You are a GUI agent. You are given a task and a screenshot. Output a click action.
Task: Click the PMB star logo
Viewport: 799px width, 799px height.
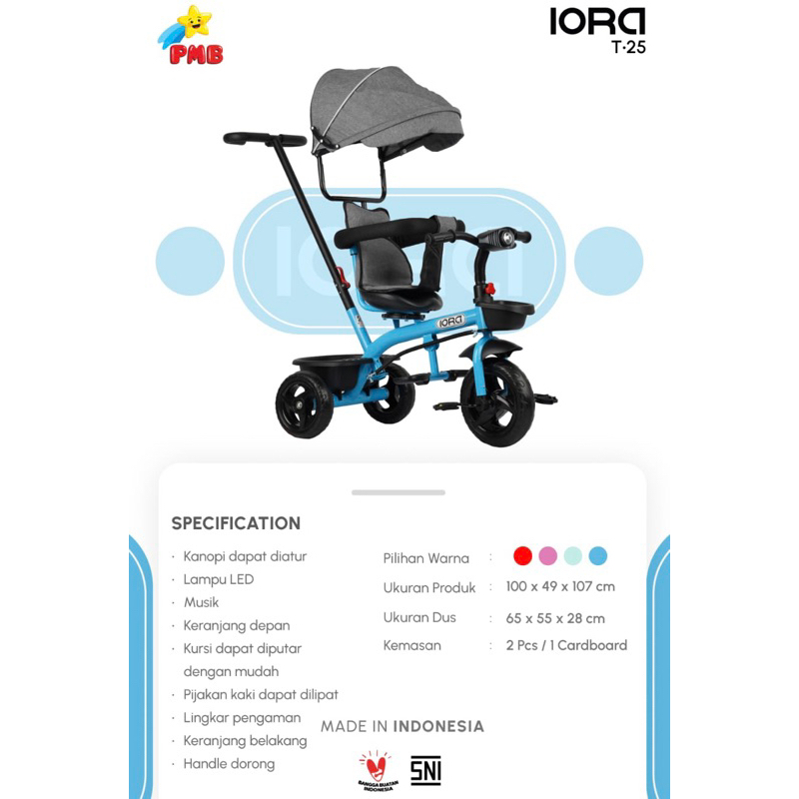tap(191, 36)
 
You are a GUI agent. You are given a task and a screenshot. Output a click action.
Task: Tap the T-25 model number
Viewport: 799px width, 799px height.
tap(628, 47)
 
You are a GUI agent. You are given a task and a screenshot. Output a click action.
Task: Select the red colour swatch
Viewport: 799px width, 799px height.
tap(522, 555)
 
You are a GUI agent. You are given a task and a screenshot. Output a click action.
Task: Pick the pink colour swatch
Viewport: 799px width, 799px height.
tap(547, 555)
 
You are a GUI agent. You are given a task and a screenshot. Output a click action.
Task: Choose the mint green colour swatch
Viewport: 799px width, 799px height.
tap(572, 555)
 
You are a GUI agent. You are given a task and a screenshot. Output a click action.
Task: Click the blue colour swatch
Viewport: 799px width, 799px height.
tap(597, 555)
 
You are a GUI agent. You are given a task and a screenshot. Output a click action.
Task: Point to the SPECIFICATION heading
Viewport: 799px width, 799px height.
tap(236, 523)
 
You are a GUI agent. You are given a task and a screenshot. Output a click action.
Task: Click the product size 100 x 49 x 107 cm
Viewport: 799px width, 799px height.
tap(560, 586)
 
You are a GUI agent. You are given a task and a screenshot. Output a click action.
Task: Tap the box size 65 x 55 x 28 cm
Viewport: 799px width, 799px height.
tap(555, 618)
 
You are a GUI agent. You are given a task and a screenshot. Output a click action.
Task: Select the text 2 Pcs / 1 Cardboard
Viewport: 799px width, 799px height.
tap(566, 645)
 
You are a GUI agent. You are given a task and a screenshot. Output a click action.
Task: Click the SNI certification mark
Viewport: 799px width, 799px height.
tap(425, 770)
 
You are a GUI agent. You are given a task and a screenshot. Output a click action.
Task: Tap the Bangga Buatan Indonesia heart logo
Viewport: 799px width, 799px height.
tap(378, 770)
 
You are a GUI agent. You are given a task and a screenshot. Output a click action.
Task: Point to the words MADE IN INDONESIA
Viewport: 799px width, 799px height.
tap(402, 726)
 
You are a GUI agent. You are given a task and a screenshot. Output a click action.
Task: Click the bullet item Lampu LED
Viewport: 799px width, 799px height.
tap(218, 579)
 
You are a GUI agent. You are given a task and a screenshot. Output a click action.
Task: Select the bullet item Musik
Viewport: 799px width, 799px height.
tap(202, 602)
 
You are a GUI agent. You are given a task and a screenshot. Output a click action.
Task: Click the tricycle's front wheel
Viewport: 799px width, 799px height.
tap(497, 402)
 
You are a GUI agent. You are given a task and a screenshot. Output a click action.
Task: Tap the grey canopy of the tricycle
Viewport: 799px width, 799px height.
tap(386, 110)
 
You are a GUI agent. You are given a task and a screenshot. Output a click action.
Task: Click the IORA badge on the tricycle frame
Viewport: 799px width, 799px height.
tap(450, 322)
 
